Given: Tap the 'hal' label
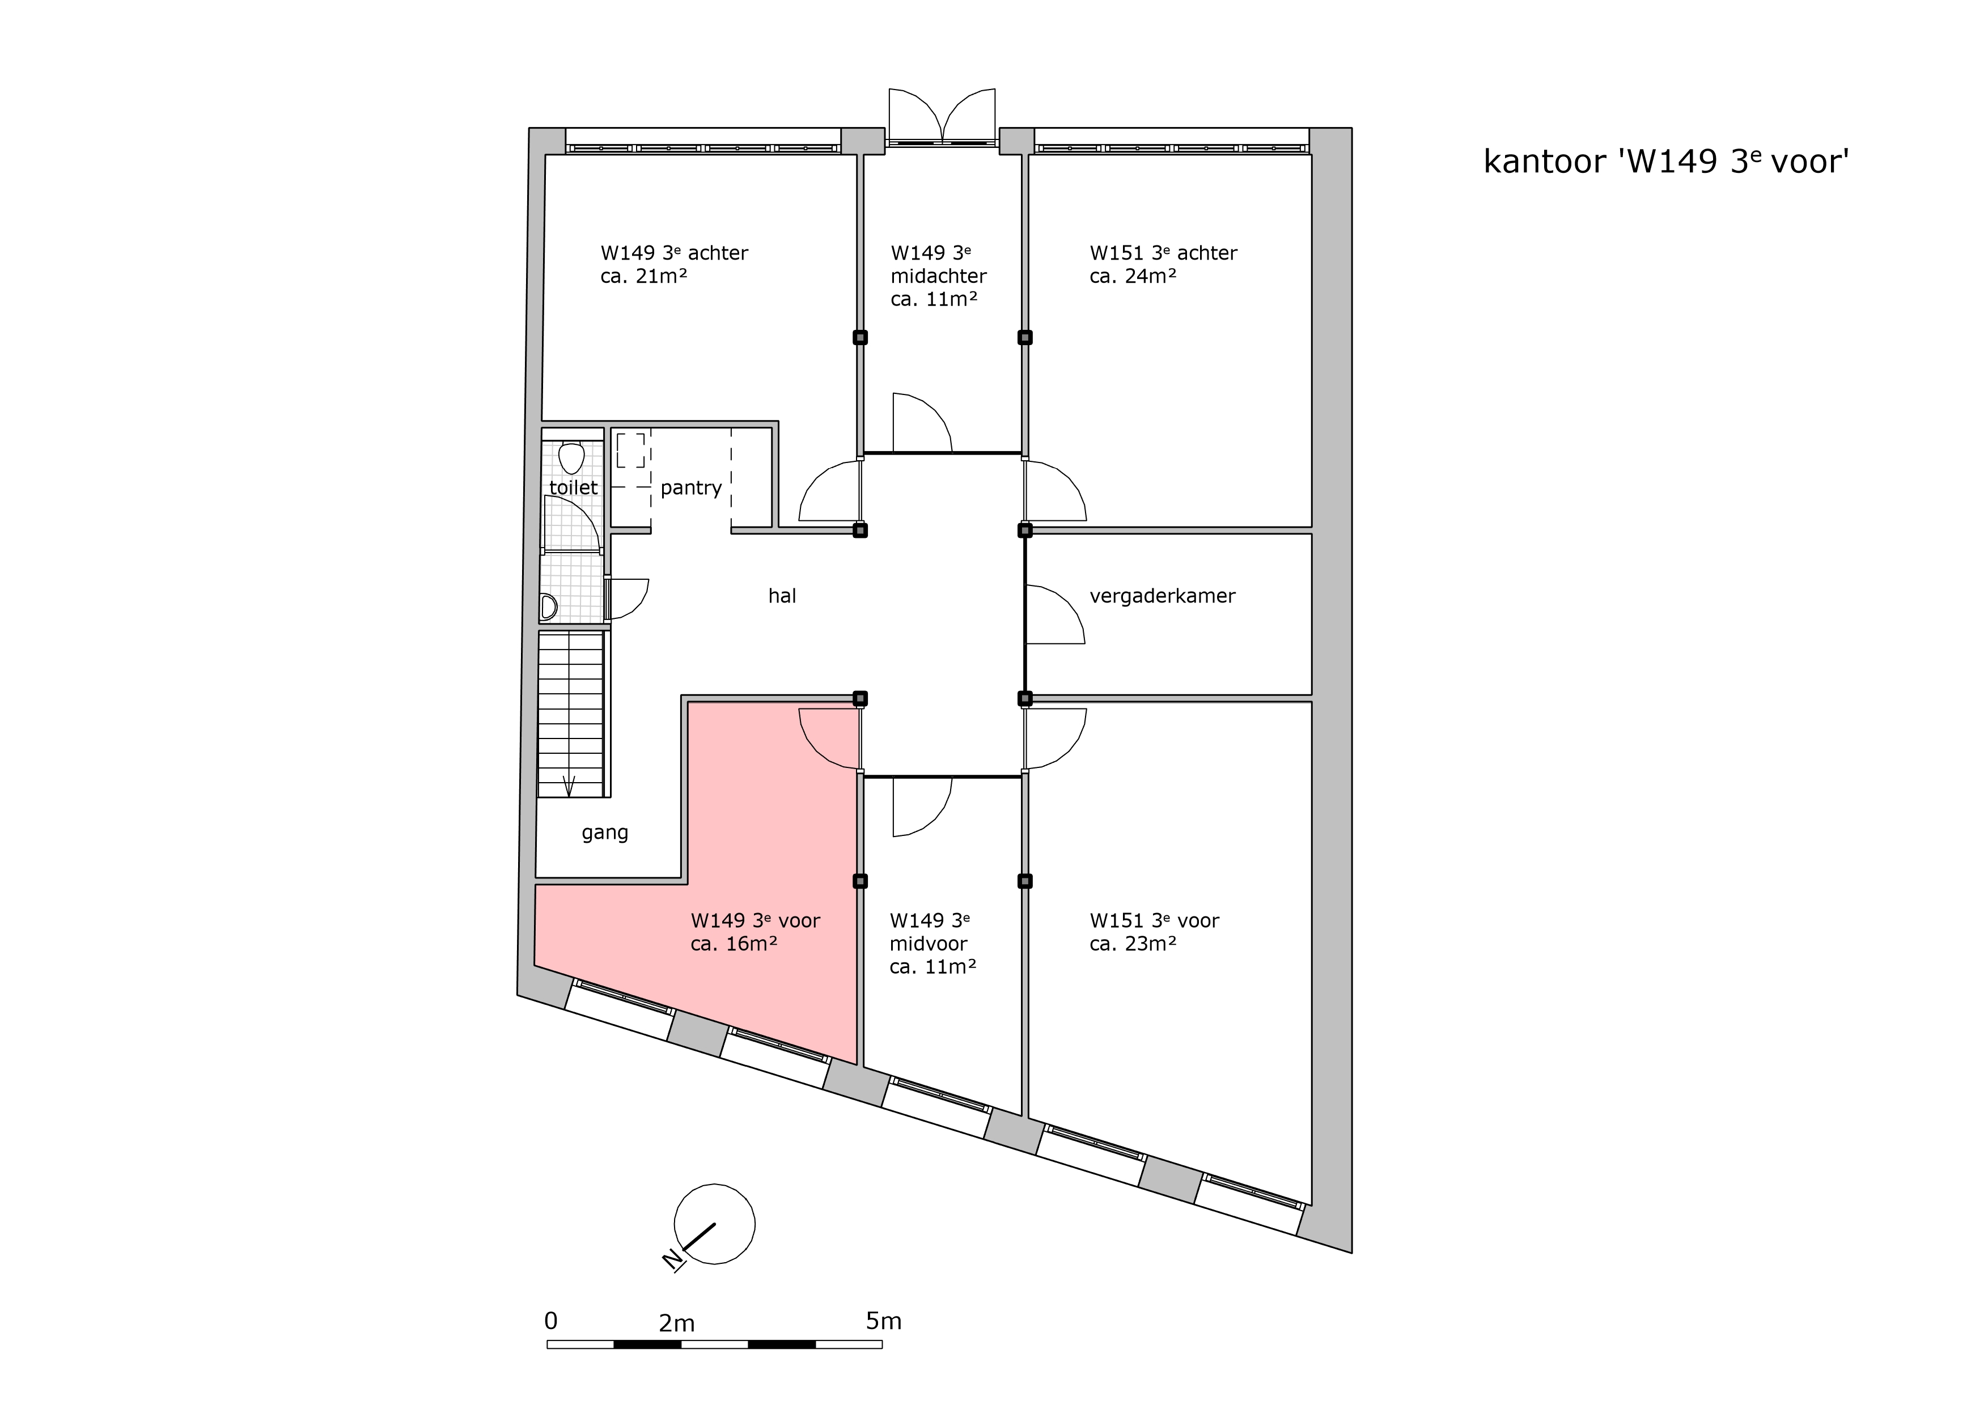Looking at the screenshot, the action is point(782,596).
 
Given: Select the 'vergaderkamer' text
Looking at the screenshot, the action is point(1162,596).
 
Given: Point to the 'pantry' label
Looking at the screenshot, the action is point(691,488).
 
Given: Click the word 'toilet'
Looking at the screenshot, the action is point(573,487).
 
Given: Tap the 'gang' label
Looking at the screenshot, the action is point(604,833).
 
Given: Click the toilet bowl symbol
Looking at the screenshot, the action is point(571,457).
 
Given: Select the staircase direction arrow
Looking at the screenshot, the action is point(569,786).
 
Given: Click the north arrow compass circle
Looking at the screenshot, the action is point(714,1224).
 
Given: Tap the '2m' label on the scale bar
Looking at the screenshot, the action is point(676,1323).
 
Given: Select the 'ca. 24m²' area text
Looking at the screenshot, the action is point(1133,276).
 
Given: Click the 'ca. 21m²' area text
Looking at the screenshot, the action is point(643,276).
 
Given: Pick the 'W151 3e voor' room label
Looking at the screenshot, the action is point(1154,920).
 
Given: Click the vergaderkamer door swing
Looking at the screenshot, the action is point(1054,614).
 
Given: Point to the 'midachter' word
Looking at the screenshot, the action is point(939,276).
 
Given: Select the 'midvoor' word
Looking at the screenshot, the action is point(928,944).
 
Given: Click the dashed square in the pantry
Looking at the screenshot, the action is point(630,450).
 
